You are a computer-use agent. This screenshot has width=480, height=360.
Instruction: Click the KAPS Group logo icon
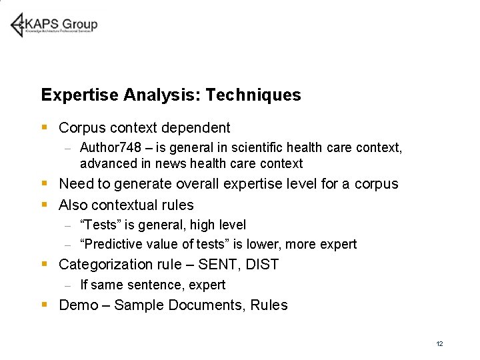click(18, 25)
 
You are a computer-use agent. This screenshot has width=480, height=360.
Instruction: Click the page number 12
click(439, 344)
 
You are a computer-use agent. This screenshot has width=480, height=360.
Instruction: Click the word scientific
click(252, 147)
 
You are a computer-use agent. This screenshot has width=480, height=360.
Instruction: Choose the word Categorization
click(103, 265)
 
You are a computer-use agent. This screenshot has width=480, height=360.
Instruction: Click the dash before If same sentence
click(67, 285)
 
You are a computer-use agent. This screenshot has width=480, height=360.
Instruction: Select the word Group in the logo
click(81, 25)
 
